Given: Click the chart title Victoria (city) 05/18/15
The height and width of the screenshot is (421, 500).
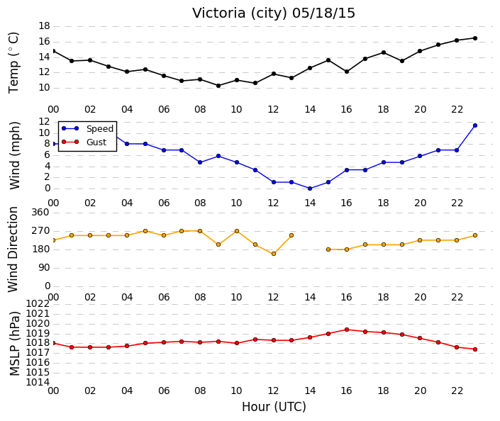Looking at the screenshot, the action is (274, 13).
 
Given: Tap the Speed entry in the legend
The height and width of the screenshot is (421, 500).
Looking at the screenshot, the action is (100, 129).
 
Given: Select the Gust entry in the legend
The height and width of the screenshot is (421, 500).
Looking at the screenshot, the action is (96, 142).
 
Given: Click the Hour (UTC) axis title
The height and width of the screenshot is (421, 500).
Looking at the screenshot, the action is (274, 407).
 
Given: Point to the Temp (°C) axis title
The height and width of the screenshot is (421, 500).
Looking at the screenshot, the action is (13, 63).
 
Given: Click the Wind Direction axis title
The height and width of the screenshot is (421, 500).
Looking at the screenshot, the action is (13, 249).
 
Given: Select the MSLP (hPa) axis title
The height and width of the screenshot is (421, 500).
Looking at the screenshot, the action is (15, 344).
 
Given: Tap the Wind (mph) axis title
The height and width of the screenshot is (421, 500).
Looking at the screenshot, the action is (15, 155).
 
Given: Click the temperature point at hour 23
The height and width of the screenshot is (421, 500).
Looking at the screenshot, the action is (475, 38).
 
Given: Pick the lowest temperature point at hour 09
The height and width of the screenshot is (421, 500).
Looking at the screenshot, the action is (218, 86).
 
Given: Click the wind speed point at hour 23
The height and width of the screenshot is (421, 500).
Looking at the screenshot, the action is (475, 125).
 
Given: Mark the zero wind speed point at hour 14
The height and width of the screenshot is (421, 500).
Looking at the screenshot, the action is (310, 189).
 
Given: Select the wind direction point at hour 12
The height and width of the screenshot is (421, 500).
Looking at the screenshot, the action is (274, 254).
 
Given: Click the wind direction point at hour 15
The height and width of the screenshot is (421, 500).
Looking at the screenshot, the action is (328, 249).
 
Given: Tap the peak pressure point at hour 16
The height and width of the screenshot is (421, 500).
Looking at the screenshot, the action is (347, 330).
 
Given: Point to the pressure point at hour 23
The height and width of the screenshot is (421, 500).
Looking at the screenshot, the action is (475, 349).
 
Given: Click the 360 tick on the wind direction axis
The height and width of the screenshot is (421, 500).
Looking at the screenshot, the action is (40, 212).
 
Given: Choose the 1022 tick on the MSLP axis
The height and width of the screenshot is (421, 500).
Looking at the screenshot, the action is (38, 303).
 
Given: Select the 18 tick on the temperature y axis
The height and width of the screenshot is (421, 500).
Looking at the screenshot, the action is (44, 26).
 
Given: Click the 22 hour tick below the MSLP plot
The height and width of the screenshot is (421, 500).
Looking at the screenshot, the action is (457, 391).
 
